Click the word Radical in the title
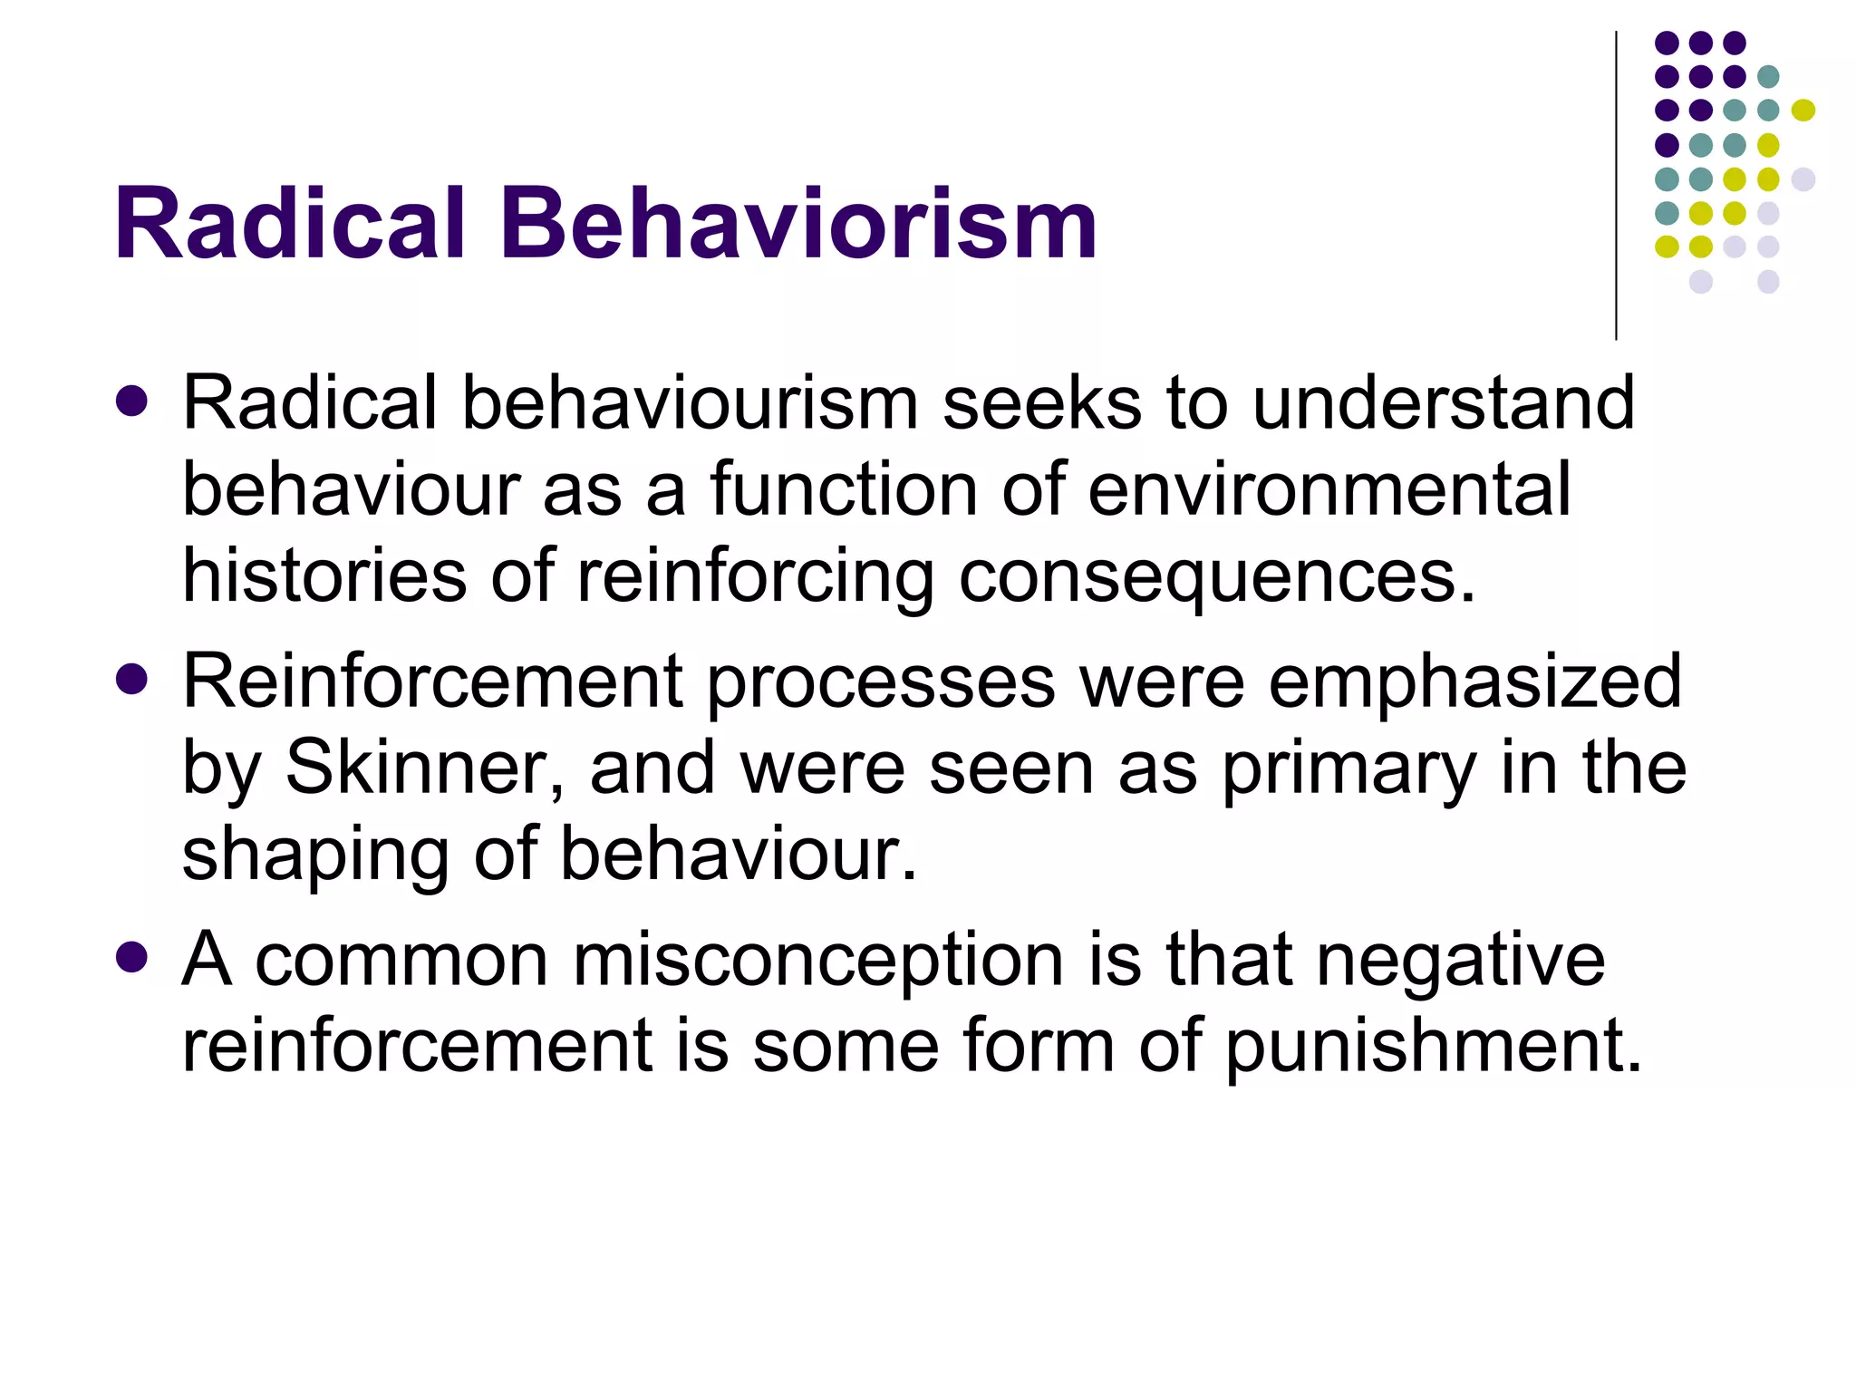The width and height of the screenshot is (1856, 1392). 289,224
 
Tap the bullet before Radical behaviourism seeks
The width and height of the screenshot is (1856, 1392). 132,401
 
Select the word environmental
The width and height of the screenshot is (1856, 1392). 1329,490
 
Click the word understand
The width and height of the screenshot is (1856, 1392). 1443,402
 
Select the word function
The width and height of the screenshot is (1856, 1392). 844,490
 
